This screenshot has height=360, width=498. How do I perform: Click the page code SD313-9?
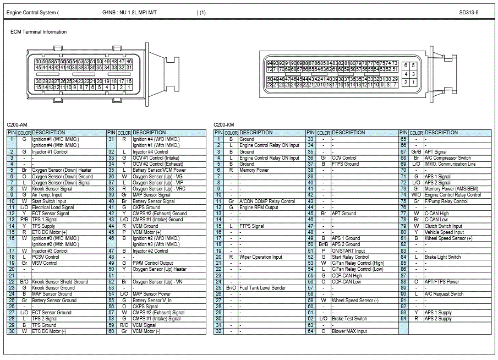click(x=469, y=12)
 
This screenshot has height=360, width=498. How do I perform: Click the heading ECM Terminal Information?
click(x=39, y=32)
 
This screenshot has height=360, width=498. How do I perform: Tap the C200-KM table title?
click(x=224, y=126)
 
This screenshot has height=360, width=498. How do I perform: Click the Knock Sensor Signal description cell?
click(x=52, y=189)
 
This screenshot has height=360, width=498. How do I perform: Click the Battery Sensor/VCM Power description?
click(x=160, y=170)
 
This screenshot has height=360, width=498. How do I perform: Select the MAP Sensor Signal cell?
click(x=151, y=195)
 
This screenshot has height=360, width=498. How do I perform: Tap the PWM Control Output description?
click(x=153, y=263)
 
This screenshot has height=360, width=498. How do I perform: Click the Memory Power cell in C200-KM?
click(x=254, y=170)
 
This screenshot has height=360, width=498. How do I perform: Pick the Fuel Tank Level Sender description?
click(x=263, y=288)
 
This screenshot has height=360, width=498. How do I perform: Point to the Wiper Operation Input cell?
click(x=261, y=257)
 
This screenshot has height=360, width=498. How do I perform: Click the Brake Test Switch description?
click(x=349, y=319)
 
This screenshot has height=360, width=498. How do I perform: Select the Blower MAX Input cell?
click(x=349, y=331)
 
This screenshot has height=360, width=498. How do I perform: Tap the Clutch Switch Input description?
click(x=444, y=226)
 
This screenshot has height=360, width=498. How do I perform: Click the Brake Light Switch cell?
click(x=443, y=257)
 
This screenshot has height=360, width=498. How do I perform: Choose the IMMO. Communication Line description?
click(x=450, y=164)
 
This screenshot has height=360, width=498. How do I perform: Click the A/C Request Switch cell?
click(x=444, y=294)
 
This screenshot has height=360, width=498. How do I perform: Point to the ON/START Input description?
click(x=348, y=251)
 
